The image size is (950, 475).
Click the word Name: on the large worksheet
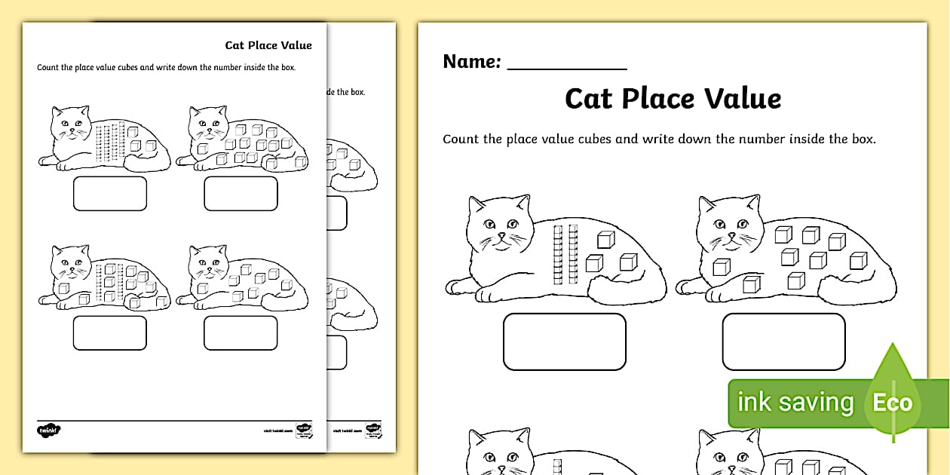coord(472,62)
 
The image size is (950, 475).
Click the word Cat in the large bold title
coord(590,99)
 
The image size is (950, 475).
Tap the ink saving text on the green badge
coord(795,402)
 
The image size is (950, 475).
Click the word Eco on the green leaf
coord(893,403)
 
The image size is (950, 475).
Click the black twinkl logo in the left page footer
coord(49,431)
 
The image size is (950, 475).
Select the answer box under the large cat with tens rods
coord(564,342)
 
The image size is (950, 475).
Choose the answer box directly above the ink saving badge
coord(783,342)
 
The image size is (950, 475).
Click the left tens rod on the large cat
coord(559,254)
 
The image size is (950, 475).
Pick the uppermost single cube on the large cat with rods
coord(605,240)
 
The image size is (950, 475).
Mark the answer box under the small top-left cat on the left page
coord(110,194)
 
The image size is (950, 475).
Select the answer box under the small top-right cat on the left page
coord(241,194)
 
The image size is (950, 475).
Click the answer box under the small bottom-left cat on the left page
coord(110,332)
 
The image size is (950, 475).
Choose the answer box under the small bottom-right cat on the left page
coord(241,332)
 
